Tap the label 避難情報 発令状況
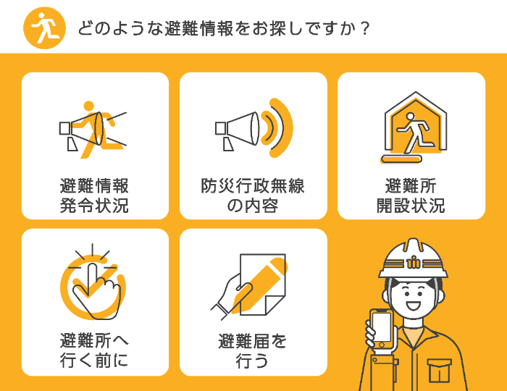click(x=94, y=195)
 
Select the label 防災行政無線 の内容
click(x=253, y=195)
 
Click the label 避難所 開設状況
click(x=411, y=195)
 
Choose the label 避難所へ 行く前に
click(x=94, y=350)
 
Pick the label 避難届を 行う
click(x=253, y=350)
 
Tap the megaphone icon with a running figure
click(x=93, y=129)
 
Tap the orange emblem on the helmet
click(x=414, y=261)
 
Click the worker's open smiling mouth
click(x=414, y=305)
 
